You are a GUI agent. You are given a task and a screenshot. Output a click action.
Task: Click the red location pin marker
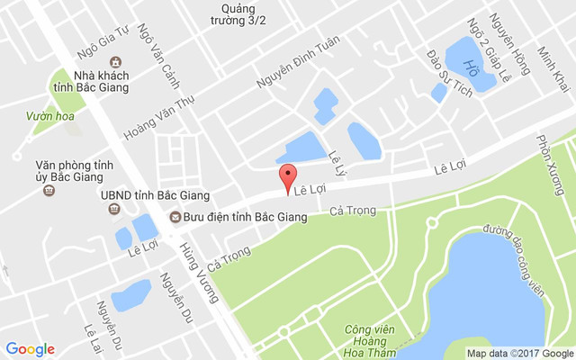[287, 177]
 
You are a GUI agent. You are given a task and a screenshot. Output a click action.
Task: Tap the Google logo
[31, 349]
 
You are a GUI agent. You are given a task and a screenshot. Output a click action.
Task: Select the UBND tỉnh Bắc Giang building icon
[114, 210]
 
